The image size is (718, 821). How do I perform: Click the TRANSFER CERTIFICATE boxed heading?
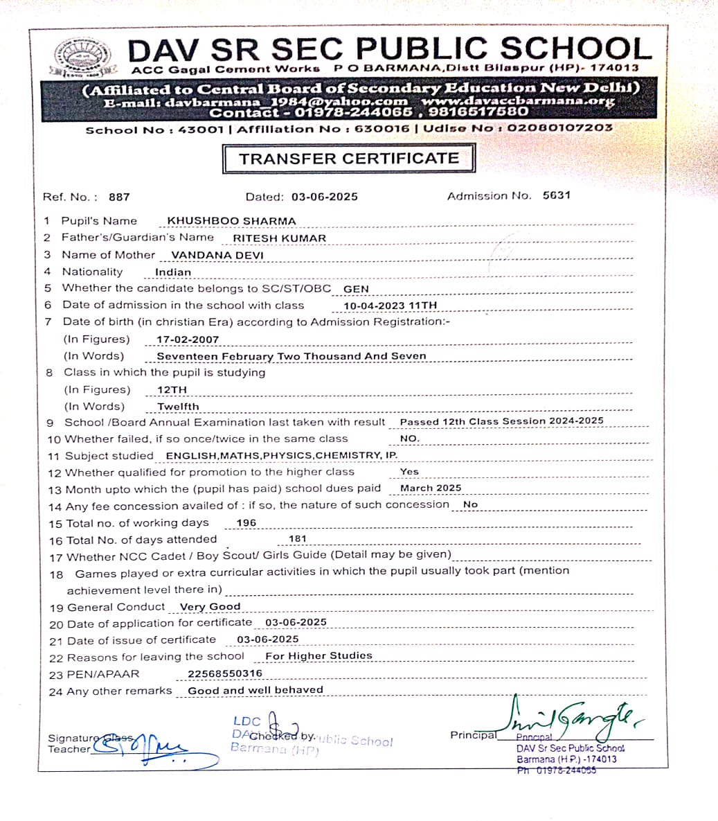(x=349, y=159)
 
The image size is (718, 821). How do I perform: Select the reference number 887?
(x=119, y=197)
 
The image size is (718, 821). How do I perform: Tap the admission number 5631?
(x=557, y=195)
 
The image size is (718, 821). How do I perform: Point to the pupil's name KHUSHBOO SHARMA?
(x=231, y=221)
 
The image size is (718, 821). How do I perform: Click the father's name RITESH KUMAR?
(x=279, y=238)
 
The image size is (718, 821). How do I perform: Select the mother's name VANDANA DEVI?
(x=217, y=255)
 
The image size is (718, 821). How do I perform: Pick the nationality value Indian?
(x=173, y=272)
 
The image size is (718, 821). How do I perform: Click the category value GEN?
(x=356, y=289)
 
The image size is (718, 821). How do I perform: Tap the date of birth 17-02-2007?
(x=188, y=339)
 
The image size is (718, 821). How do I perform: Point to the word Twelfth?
(x=178, y=407)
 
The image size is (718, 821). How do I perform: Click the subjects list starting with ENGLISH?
(x=282, y=455)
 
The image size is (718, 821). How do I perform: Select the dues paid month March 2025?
(x=431, y=488)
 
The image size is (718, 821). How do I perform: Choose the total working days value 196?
(x=246, y=523)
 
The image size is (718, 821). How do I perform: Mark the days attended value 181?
(x=298, y=539)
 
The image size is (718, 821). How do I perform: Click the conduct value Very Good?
(x=210, y=607)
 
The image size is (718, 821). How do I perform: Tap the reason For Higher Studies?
(x=318, y=655)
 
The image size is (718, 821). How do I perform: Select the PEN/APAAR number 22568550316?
(x=225, y=673)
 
